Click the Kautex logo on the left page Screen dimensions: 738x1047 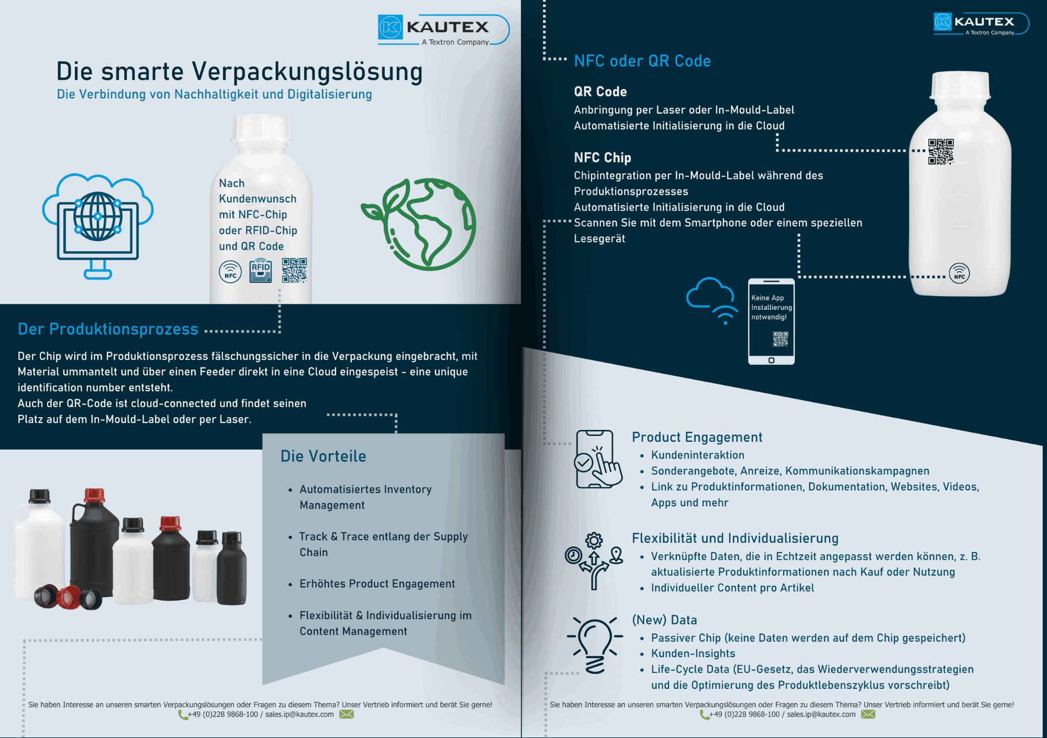coord(442,29)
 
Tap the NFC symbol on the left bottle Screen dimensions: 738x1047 coord(230,271)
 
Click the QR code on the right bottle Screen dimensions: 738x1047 coord(941,152)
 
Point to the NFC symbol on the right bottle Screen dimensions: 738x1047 coord(959,273)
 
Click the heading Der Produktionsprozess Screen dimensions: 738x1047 coord(108,329)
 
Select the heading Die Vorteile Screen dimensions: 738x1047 coord(323,456)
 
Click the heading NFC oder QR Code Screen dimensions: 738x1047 coord(642,61)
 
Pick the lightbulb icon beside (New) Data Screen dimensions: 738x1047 coord(595,645)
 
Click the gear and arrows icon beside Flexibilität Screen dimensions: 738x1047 coord(594,561)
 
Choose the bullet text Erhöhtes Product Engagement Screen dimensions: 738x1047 coord(377,584)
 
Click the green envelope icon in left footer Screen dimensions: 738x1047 coord(347,714)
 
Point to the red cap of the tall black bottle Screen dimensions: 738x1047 coord(94,495)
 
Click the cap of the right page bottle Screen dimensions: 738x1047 coord(961,85)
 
